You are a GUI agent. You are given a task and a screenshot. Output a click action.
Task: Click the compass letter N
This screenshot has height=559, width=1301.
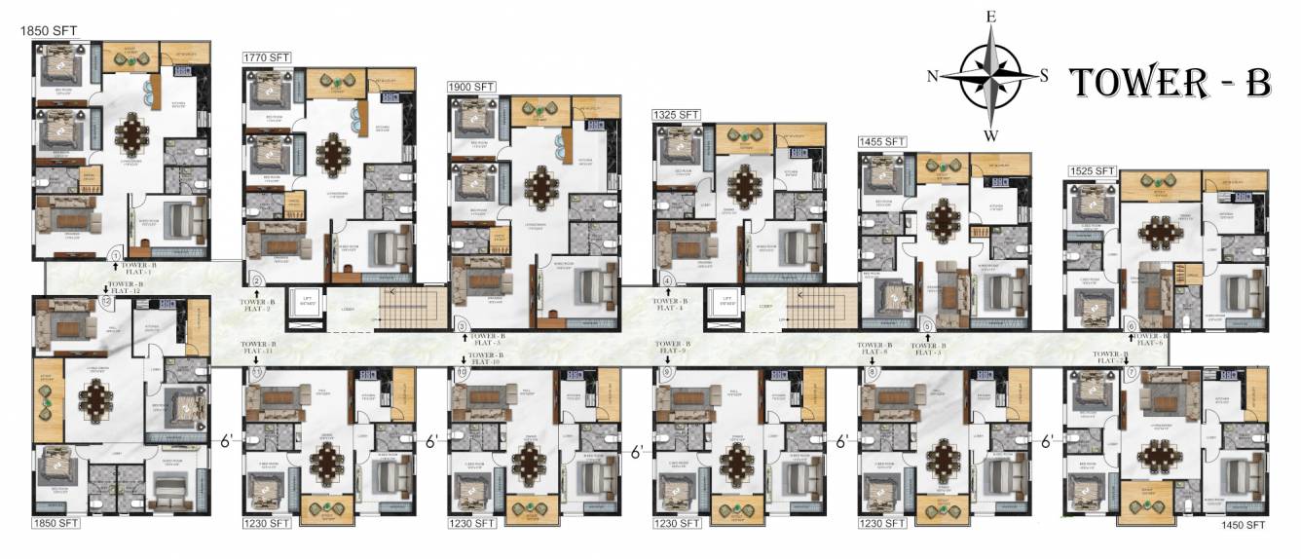click(932, 77)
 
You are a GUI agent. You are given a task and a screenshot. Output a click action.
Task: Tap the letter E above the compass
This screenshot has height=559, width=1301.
click(991, 17)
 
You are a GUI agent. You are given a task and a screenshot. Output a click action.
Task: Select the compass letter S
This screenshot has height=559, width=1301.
click(1044, 77)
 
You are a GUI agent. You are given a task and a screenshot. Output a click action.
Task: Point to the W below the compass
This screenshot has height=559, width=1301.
click(991, 134)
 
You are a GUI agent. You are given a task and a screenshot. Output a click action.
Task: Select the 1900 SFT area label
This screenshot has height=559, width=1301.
click(471, 87)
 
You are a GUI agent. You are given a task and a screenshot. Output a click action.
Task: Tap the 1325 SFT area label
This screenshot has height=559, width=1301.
click(676, 115)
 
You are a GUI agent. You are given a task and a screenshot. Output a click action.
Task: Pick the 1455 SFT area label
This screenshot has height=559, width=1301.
click(881, 142)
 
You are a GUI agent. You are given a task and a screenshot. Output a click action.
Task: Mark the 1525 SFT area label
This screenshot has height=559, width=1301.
click(1091, 171)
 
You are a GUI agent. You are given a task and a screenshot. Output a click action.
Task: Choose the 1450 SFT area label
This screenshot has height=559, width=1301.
click(1243, 526)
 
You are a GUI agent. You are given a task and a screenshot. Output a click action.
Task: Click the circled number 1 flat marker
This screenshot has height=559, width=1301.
click(115, 255)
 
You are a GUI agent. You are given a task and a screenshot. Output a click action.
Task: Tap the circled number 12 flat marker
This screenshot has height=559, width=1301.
click(105, 301)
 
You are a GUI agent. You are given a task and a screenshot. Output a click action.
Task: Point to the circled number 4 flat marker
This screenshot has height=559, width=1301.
click(667, 281)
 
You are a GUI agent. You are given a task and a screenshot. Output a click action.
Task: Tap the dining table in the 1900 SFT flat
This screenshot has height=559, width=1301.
click(539, 184)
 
